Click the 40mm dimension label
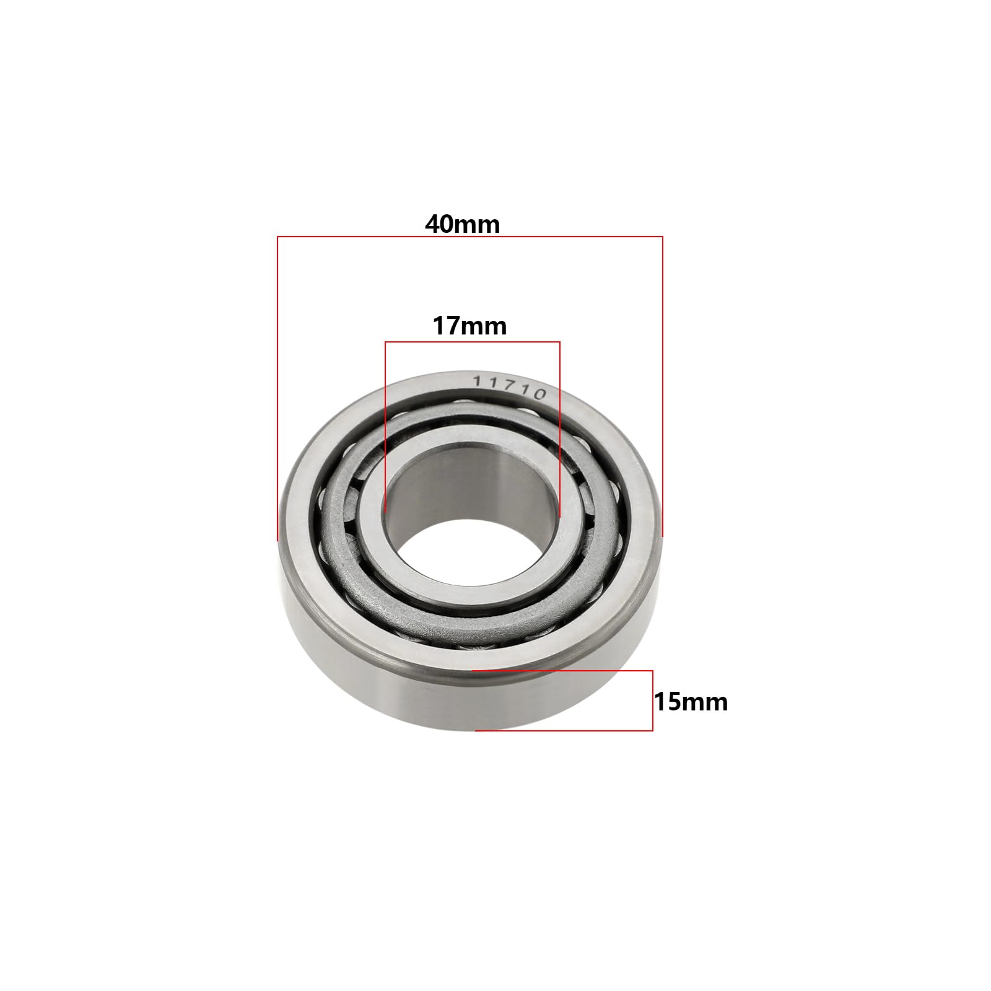pos(462,224)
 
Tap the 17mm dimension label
pos(469,326)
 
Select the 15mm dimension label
pos(691,702)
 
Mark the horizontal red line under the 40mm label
pos(469,237)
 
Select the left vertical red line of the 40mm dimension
pos(277,388)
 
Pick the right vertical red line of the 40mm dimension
pos(662,386)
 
